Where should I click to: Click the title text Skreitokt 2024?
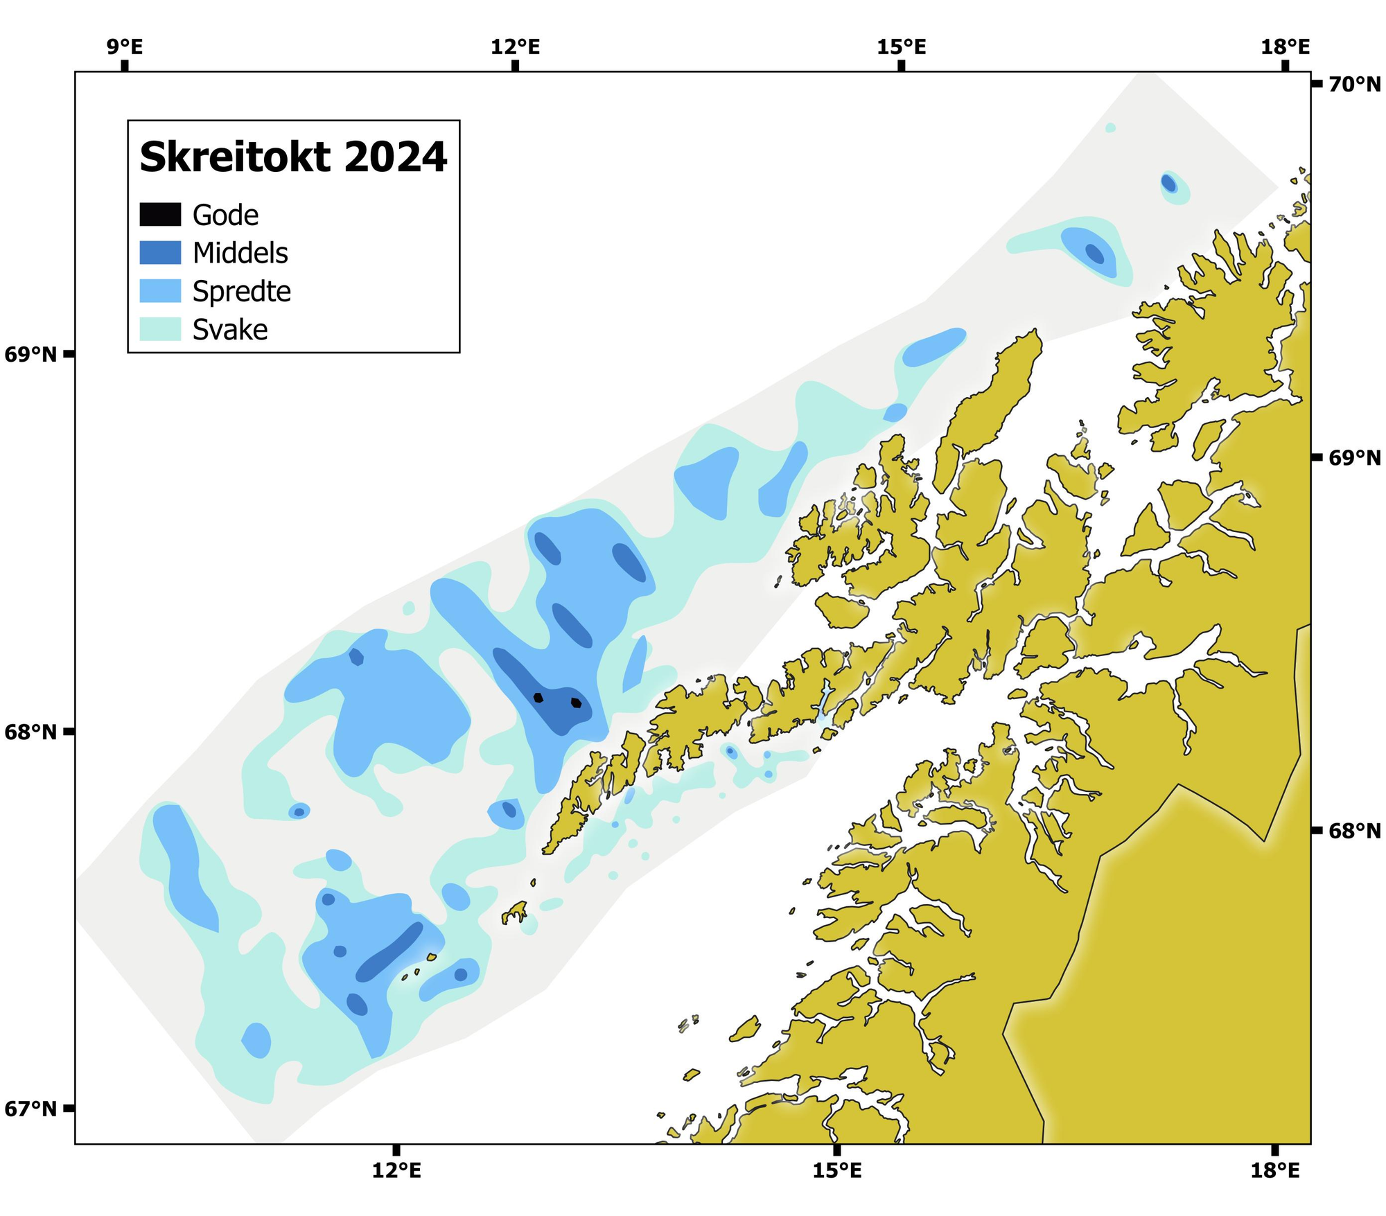pos(293,157)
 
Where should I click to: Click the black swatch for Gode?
pos(160,215)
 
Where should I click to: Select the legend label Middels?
pos(240,253)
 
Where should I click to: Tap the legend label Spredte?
pos(241,291)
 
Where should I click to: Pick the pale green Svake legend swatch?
pos(160,329)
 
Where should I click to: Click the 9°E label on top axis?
pos(125,47)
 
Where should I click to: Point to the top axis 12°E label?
pos(515,47)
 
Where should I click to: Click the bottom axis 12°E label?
pos(396,1171)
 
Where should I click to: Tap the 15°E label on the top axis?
pos(901,47)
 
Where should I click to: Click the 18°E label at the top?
pos(1286,47)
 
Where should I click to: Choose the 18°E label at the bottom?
pos(1275,1171)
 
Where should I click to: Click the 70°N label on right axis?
pos(1354,85)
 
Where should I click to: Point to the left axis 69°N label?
pos(30,355)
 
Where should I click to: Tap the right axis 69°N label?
pos(1354,457)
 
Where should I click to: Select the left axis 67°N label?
pos(30,1109)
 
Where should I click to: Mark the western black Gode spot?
pos(538,697)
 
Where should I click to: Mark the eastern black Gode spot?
pos(576,703)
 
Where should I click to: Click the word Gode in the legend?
pos(225,215)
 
